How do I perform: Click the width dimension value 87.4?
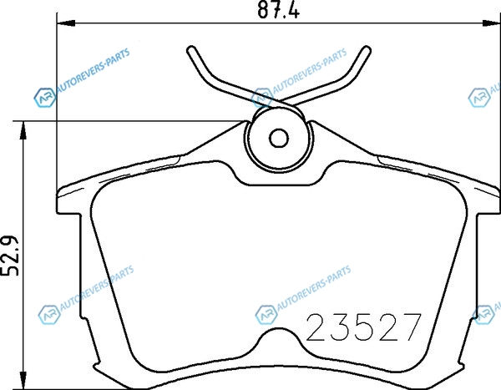point(278,10)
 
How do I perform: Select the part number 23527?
point(363,327)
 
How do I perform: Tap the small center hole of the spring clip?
point(279,139)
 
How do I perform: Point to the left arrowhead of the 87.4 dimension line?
point(66,23)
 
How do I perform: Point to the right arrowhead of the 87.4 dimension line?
point(492,23)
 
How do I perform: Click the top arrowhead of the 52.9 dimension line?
point(23,130)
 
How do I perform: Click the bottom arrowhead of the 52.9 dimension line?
point(23,380)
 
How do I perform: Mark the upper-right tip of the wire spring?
point(367,50)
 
